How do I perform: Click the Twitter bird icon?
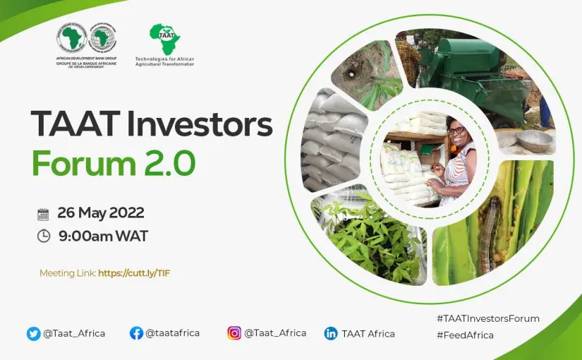(x=33, y=334)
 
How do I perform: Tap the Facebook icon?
(x=136, y=333)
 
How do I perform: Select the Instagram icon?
(x=234, y=333)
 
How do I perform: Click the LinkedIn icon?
(x=331, y=333)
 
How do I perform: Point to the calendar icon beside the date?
(x=43, y=215)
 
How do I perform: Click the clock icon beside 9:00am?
(x=44, y=236)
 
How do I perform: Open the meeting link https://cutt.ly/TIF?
(x=134, y=273)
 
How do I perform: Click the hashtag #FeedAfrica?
(x=465, y=335)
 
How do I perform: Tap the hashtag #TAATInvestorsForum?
(x=488, y=318)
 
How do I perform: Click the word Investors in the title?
(x=200, y=124)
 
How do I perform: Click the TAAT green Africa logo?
(x=165, y=39)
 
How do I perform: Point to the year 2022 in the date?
(x=126, y=213)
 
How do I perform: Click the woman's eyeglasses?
(x=456, y=131)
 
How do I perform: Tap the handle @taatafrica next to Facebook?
(x=173, y=333)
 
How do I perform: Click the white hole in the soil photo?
(x=351, y=74)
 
